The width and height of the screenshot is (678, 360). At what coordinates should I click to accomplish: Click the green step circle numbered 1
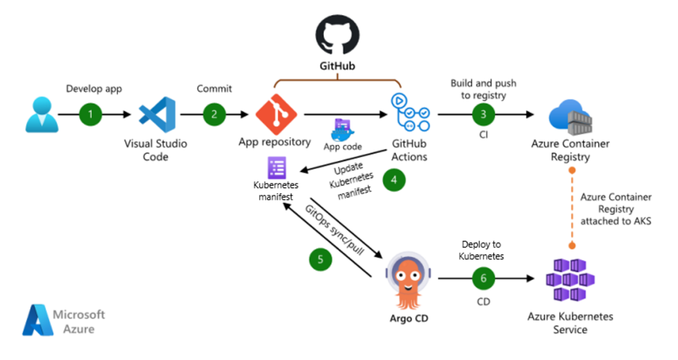coord(91,114)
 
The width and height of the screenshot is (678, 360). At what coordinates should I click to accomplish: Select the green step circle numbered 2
coord(214,114)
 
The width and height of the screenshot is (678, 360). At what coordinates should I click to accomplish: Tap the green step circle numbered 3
coord(483,114)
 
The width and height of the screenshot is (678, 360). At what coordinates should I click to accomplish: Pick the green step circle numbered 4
coord(394,180)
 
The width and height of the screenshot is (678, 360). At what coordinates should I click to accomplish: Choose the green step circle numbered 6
coord(483,279)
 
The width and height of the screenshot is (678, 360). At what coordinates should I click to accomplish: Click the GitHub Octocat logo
coord(337,34)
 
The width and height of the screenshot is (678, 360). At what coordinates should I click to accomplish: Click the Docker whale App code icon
coord(343,130)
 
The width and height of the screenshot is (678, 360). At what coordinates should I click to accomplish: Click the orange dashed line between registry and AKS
coord(569,208)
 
